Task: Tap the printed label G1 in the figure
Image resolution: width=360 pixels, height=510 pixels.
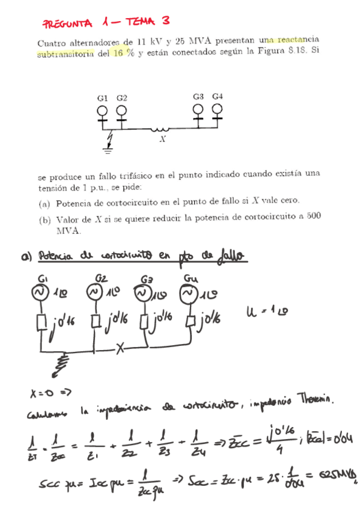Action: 102,97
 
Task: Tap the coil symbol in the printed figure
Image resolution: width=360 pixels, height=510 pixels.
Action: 160,128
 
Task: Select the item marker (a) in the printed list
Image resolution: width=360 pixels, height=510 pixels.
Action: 45,201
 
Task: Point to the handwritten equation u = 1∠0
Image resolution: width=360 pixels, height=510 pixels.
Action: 263,312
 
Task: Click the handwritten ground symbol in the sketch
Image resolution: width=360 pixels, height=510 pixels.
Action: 61,363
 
